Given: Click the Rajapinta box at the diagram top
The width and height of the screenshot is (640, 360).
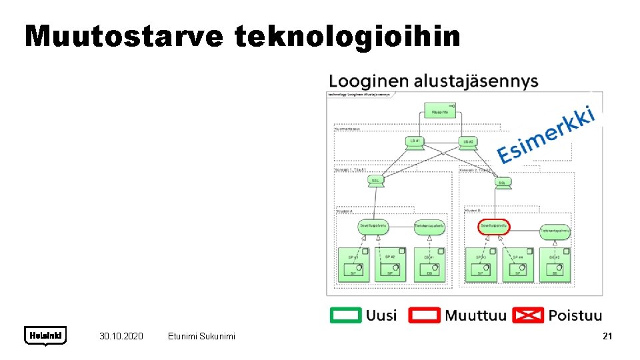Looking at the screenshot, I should (440, 112).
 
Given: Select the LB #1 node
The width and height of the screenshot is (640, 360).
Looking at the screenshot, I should (414, 143).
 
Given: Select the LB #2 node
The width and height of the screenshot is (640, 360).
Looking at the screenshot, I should (468, 143).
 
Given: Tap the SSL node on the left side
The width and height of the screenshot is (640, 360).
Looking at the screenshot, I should (376, 181).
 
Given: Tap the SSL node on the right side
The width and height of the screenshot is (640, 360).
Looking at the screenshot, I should (502, 182).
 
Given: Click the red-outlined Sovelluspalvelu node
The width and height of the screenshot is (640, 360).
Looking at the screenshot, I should (494, 227).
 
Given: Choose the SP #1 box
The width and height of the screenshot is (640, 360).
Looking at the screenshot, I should (353, 265).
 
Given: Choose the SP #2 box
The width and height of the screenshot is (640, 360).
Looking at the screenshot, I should (390, 265).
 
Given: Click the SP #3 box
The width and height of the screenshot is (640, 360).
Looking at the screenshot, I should (481, 265).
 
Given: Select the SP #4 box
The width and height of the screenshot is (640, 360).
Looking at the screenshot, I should (517, 265).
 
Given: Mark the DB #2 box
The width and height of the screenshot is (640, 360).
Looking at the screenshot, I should (555, 265).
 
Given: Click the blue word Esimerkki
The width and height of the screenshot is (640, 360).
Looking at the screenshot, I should (546, 135).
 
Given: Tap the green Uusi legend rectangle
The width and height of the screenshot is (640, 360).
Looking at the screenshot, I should (346, 315).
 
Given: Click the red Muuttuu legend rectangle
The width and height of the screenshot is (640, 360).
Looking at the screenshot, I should (425, 315).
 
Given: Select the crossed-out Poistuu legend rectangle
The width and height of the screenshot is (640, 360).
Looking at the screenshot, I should (528, 315).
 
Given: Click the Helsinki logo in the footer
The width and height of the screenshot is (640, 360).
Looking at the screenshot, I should (45, 336).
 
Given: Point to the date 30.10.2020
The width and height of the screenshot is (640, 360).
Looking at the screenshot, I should (121, 337).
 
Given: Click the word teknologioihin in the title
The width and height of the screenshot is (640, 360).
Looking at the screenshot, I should (347, 37).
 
